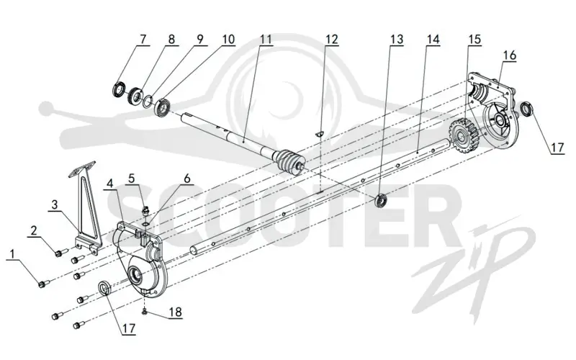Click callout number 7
143,40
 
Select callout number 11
266,40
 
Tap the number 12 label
331,40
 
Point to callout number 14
433,40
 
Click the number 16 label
510,55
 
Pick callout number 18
175,312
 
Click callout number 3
55,204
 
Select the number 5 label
132,179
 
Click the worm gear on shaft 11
289,162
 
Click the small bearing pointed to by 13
381,200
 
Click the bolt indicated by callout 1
44,284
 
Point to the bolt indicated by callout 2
62,253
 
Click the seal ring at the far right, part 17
528,109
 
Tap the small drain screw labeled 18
145,312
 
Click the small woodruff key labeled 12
320,133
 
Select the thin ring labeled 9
148,100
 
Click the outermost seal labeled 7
119,90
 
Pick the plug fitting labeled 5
145,211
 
